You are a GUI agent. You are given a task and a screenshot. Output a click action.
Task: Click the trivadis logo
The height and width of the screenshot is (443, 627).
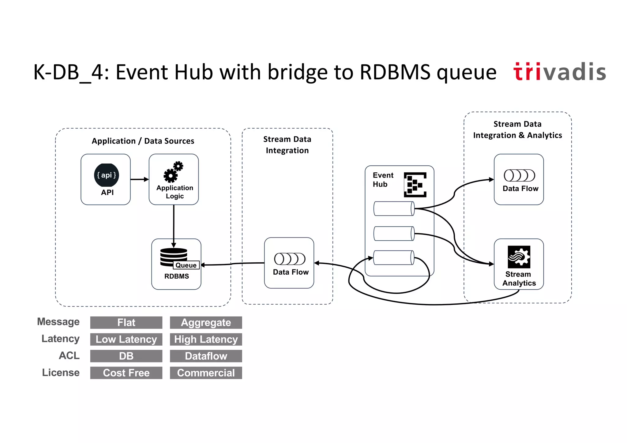click(x=559, y=72)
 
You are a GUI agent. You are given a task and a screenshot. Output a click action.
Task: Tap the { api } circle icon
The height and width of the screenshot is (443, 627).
click(x=106, y=175)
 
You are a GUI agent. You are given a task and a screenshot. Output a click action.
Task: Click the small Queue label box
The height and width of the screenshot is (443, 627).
click(x=186, y=265)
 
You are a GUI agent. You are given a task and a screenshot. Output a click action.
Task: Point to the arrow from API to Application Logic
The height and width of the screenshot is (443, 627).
click(x=139, y=179)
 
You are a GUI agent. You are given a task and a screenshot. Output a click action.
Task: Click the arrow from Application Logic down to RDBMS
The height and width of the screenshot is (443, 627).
click(x=174, y=225)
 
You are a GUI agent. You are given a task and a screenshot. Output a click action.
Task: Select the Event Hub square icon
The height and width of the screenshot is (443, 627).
click(x=415, y=185)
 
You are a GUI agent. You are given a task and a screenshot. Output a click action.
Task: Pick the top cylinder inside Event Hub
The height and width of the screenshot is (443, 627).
click(x=394, y=208)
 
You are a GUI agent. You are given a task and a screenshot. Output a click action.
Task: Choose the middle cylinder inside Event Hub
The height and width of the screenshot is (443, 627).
click(x=394, y=234)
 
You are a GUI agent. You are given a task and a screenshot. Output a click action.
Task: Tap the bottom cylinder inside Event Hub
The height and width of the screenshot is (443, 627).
click(x=394, y=257)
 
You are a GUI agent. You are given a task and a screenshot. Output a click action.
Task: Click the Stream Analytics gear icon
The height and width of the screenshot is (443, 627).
click(x=519, y=257)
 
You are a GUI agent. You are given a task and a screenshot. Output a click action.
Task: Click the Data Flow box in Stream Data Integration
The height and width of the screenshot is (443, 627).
click(x=289, y=263)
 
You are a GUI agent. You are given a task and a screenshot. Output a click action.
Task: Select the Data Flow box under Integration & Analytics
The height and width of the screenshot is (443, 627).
click(x=519, y=179)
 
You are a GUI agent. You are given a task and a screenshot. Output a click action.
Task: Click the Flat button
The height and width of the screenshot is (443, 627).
click(x=126, y=322)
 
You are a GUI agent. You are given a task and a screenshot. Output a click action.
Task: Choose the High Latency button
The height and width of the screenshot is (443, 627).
click(x=206, y=339)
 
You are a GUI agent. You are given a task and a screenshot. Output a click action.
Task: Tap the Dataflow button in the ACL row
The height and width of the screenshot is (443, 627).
click(x=206, y=356)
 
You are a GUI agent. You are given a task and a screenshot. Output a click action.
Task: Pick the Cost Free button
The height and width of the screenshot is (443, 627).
click(x=126, y=373)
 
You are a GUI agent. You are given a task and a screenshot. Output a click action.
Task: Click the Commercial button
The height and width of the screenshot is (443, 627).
click(x=206, y=373)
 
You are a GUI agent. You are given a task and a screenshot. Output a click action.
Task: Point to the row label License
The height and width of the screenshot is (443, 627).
click(x=61, y=373)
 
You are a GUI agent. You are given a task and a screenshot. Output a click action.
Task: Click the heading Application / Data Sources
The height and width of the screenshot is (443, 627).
click(x=143, y=141)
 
